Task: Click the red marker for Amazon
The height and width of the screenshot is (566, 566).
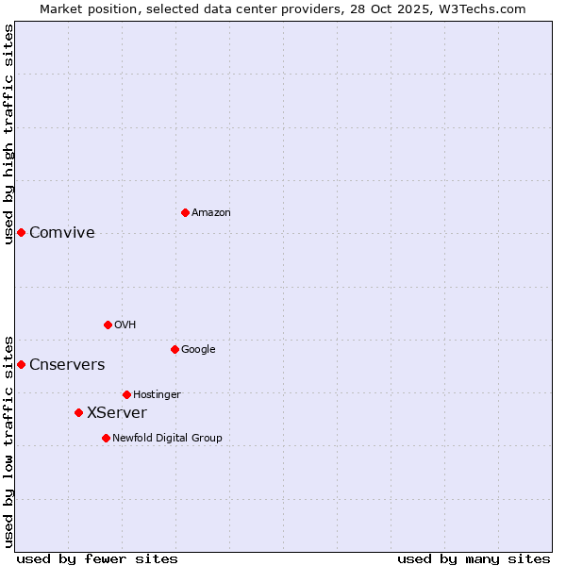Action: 185,212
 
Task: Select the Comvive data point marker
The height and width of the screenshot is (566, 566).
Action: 21,232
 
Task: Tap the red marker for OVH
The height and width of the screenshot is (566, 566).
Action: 108,325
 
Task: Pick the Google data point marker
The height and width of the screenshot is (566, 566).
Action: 175,349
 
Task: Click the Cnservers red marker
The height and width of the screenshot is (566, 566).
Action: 21,364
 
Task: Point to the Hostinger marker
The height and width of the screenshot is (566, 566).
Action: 126,394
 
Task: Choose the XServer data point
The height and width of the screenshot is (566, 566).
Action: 78,412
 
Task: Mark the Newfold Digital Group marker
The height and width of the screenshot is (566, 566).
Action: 106,438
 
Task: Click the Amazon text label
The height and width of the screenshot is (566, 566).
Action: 211,213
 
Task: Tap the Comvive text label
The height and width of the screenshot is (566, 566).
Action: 62,233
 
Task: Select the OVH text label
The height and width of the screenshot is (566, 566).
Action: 125,325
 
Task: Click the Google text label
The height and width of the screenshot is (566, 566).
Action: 198,350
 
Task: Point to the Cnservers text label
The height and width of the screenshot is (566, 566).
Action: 67,365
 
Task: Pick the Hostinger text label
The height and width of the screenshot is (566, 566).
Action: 157,395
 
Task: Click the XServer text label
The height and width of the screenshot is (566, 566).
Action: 117,413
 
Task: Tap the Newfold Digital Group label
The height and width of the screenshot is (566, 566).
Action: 167,439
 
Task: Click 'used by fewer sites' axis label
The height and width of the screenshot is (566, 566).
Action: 97,558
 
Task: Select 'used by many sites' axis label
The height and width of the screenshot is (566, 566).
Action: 474,558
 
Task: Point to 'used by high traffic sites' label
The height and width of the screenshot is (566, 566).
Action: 8,133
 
